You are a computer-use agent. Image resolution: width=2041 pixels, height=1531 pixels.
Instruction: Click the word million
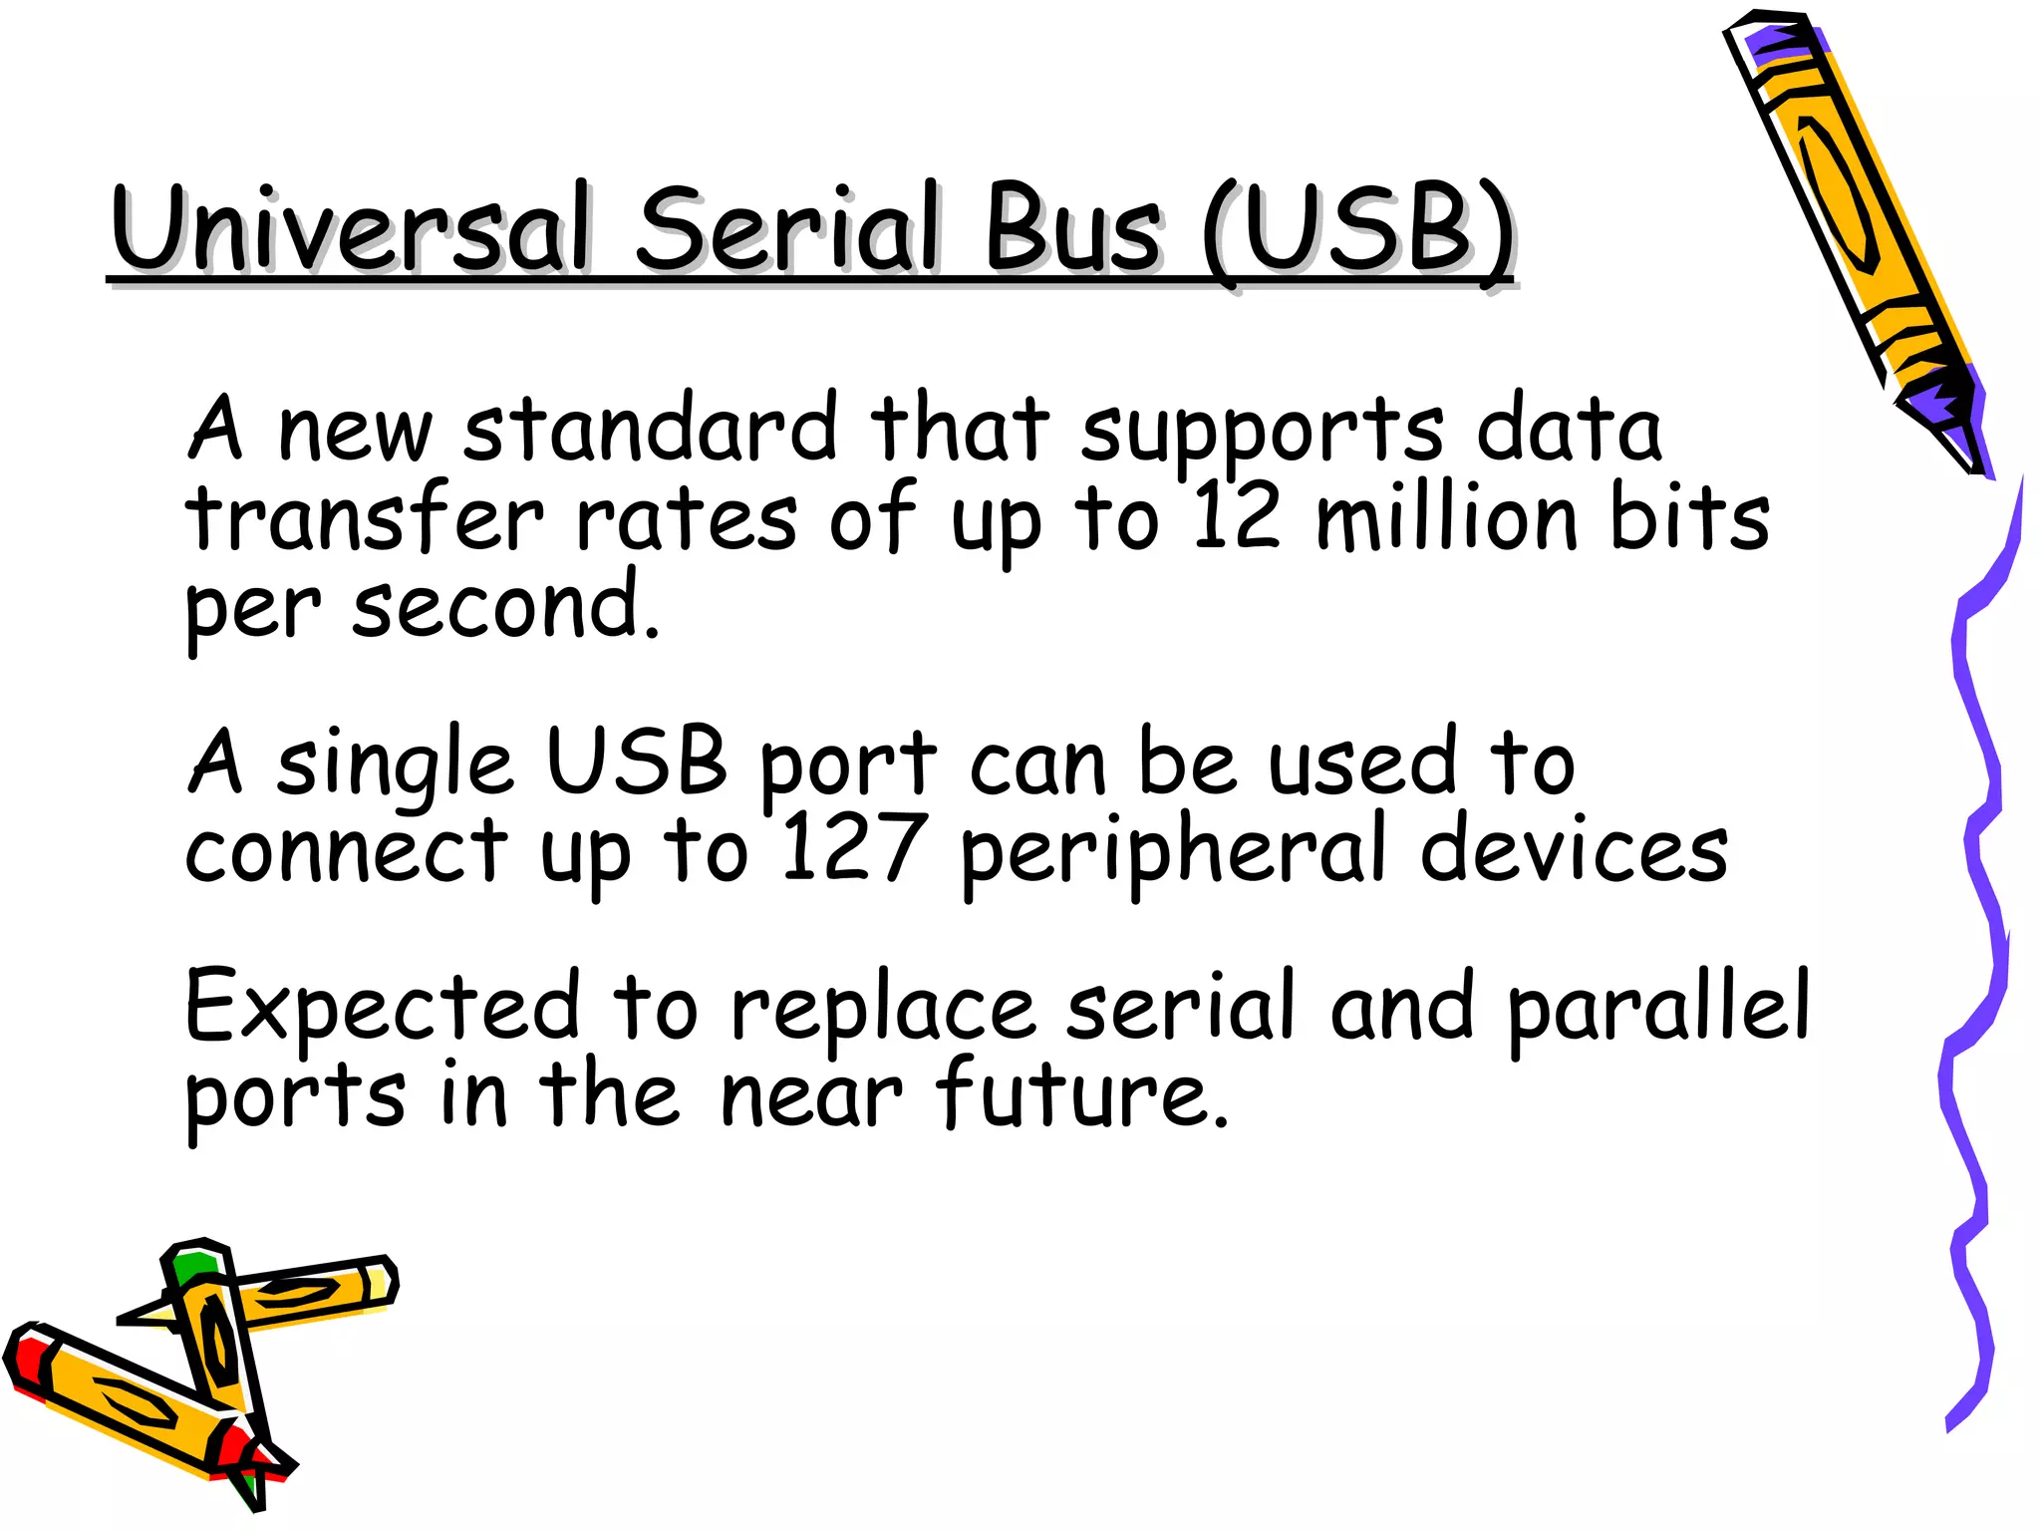pyautogui.click(x=1446, y=518)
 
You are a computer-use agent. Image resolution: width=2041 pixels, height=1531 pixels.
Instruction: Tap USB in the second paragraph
pyautogui.click(x=637, y=763)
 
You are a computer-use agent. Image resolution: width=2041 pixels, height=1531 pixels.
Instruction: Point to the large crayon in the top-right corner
pyautogui.click(x=1854, y=229)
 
